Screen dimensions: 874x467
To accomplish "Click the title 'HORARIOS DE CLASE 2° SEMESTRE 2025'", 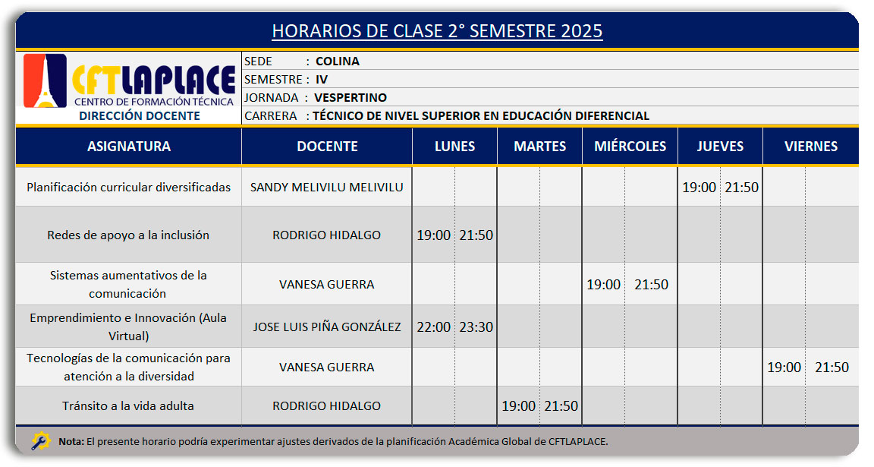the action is [x=437, y=30].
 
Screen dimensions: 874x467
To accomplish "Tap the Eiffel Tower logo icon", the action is [x=46, y=80].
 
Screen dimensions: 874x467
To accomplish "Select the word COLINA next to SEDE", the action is [x=337, y=62].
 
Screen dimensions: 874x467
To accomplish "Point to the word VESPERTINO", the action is [x=350, y=98].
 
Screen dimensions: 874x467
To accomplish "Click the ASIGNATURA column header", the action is [x=129, y=147].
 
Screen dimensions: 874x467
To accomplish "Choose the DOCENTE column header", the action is [x=327, y=147].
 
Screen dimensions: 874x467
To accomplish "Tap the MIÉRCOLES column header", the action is [x=630, y=147].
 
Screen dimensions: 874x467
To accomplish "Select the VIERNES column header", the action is [x=811, y=147].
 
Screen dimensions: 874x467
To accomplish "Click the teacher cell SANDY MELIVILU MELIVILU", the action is [x=327, y=188].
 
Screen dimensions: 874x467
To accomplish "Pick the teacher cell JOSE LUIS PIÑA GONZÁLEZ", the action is [x=327, y=327].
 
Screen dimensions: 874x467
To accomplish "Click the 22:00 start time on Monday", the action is [x=434, y=327].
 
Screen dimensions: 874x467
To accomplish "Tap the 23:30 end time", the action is [x=476, y=327].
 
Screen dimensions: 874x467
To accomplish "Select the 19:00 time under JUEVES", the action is [x=699, y=188].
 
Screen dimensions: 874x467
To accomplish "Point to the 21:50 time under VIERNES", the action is [x=832, y=367].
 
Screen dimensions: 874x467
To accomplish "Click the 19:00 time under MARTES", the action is [x=518, y=406].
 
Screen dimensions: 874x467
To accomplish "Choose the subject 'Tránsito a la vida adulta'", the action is [x=128, y=406].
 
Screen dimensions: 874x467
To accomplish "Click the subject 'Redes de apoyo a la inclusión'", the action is [x=128, y=235].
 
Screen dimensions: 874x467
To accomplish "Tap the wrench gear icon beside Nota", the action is [x=41, y=441].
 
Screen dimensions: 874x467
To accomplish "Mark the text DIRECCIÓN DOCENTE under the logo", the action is [x=140, y=116].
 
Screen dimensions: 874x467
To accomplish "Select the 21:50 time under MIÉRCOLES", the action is [x=651, y=285].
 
